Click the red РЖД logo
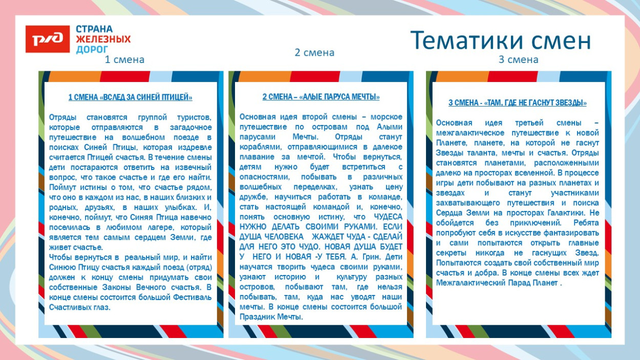pyautogui.click(x=48, y=39)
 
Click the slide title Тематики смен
pyautogui.click(x=500, y=40)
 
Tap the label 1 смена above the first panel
pyautogui.click(x=124, y=59)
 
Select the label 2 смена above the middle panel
pyautogui.click(x=314, y=52)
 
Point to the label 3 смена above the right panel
pyautogui.click(x=518, y=59)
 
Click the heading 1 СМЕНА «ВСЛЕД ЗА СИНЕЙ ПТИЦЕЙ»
pyautogui.click(x=131, y=97)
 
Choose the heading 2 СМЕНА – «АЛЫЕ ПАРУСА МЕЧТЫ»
pyautogui.click(x=321, y=97)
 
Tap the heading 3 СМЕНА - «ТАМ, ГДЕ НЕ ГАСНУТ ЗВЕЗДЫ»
pyautogui.click(x=518, y=103)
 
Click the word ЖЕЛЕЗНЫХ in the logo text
pyautogui.click(x=103, y=39)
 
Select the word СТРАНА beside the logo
pyautogui.click(x=94, y=29)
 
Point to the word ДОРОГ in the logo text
pyautogui.click(x=92, y=50)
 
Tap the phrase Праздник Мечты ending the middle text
pyautogui.click(x=271, y=317)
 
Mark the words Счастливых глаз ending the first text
pyautogui.click(x=80, y=307)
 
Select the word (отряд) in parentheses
pyautogui.click(x=197, y=267)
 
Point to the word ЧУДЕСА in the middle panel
pyautogui.click(x=388, y=217)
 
